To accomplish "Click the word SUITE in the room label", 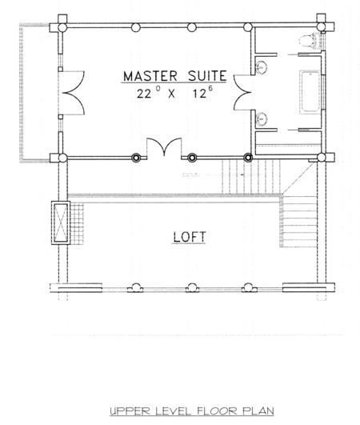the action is click(x=207, y=76).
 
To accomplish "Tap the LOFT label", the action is click(x=190, y=237).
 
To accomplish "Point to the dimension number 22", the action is click(x=144, y=94).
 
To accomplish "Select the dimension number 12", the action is click(x=200, y=94).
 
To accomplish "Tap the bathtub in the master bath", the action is click(x=311, y=92).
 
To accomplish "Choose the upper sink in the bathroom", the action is click(x=262, y=67).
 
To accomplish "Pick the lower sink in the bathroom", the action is click(x=262, y=119).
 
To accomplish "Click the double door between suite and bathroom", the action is click(x=242, y=92).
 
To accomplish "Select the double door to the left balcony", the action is click(x=74, y=93).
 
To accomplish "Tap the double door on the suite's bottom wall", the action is click(x=164, y=147).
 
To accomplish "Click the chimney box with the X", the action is click(x=61, y=223).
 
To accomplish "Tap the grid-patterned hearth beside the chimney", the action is click(x=77, y=223).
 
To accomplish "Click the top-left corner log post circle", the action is click(x=62, y=27).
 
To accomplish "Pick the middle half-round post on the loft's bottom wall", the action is click(x=192, y=288).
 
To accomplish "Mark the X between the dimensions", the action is click(x=171, y=94).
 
